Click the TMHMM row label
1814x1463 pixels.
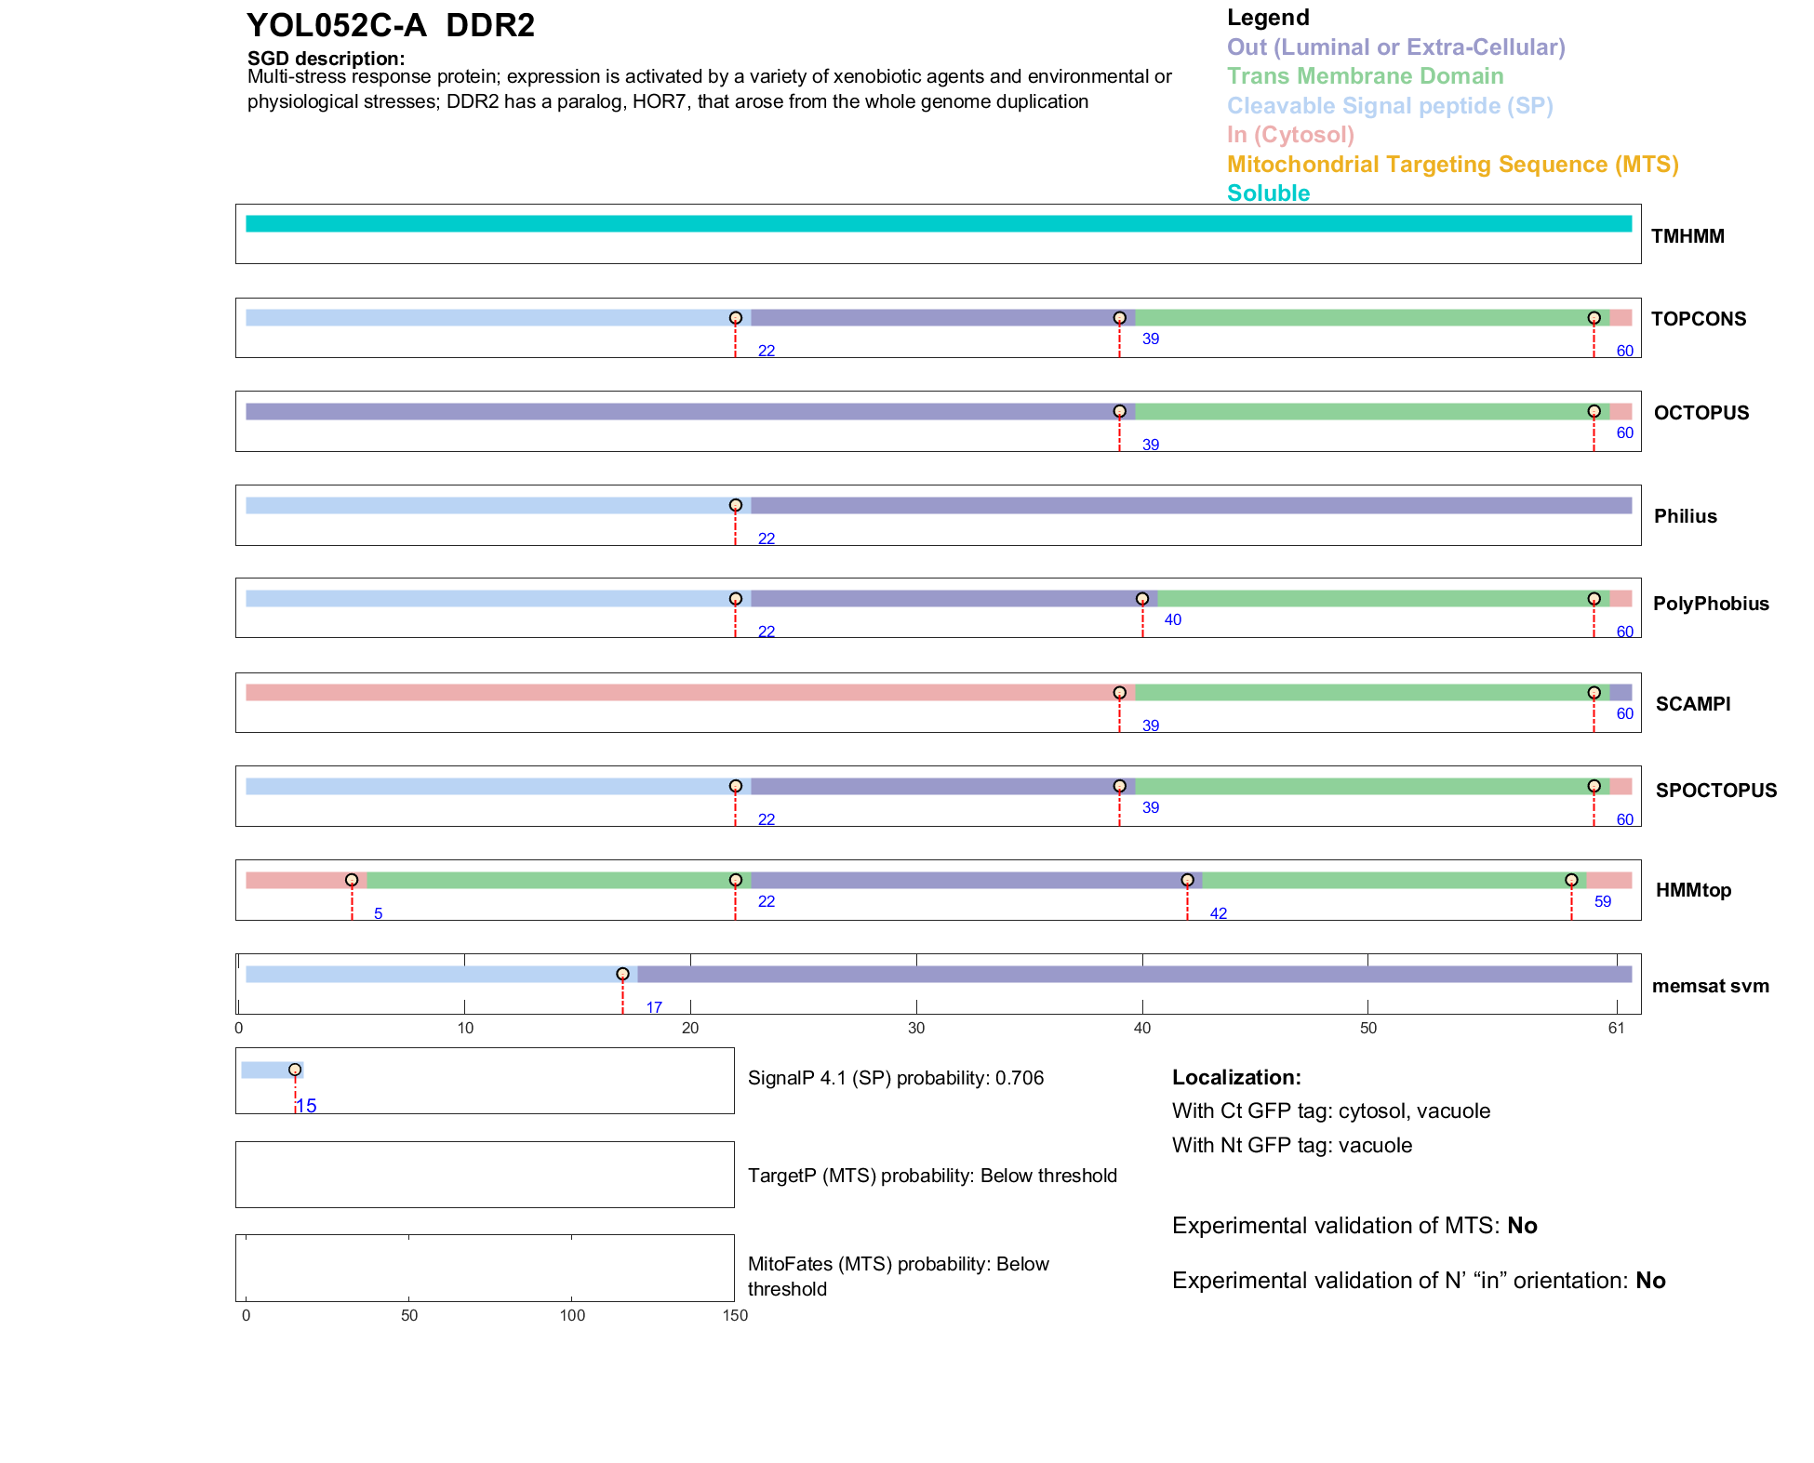click(1687, 236)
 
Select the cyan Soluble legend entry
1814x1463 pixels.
click(1268, 193)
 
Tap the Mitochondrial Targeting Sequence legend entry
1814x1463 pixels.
click(1452, 165)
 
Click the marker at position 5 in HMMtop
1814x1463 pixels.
click(352, 880)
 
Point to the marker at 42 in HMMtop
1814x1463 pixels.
click(1187, 880)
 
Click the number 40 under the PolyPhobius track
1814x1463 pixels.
click(1172, 619)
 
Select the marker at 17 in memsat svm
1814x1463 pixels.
click(622, 974)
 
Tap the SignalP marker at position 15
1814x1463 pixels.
click(295, 1070)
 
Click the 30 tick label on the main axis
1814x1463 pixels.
click(916, 1028)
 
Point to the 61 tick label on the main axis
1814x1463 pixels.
click(1616, 1028)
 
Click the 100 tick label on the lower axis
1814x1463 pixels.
click(572, 1315)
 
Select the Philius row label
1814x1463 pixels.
click(1685, 516)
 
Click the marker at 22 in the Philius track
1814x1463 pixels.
click(735, 505)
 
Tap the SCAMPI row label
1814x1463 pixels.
click(1692, 704)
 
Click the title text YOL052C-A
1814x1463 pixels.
click(336, 25)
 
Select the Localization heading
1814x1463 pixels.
click(1235, 1077)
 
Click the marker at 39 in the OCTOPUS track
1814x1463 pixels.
click(1119, 411)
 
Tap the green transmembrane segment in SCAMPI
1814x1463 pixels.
click(1358, 692)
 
